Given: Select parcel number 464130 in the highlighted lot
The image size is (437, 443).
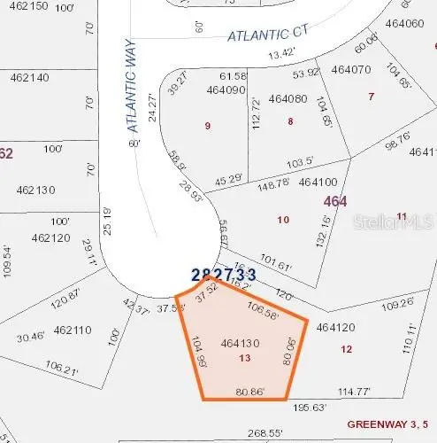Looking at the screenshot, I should [241, 342].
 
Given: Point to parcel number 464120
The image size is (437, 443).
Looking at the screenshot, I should [335, 327].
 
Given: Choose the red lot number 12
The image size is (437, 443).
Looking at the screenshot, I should [345, 349].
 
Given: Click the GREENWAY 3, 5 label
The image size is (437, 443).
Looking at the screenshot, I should [391, 424].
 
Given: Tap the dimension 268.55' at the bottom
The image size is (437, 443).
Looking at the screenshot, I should [264, 434].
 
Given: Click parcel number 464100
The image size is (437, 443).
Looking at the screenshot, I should [319, 182].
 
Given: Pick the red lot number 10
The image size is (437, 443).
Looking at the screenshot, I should [283, 219].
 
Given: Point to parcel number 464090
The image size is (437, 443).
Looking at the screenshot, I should [226, 89].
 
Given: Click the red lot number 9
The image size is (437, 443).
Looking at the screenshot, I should [208, 126].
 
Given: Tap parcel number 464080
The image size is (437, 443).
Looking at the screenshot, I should [287, 99].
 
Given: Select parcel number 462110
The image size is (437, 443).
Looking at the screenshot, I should [73, 330].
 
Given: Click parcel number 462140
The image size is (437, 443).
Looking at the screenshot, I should [33, 77].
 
